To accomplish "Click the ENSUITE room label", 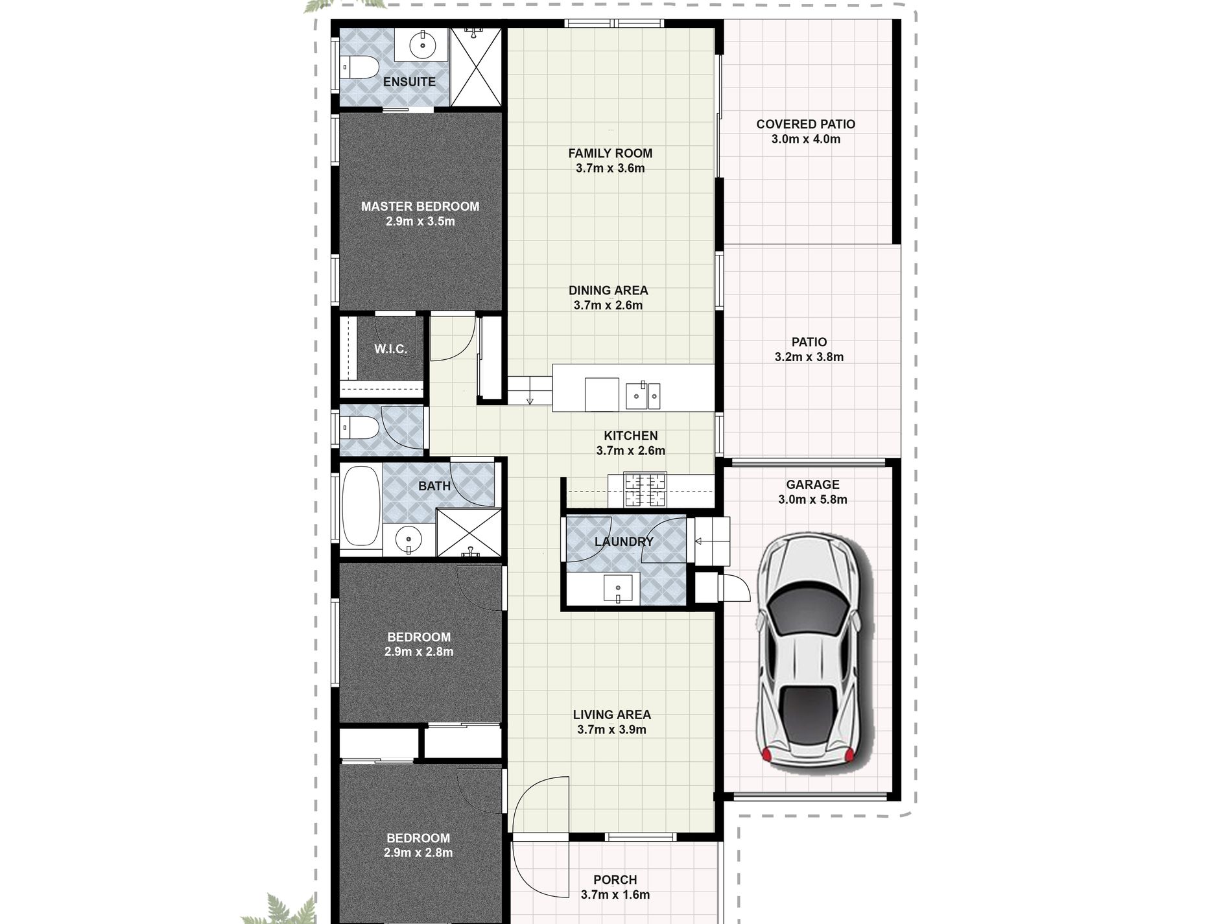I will point(409,82).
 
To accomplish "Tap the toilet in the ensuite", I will point(359,66).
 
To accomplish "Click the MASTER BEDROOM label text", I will point(420,206).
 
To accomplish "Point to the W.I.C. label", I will point(390,349).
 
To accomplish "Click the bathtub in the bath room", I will point(360,506).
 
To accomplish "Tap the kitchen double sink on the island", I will point(643,396).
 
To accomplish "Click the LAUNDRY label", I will point(624,541).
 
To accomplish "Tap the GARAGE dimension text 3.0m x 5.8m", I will point(812,499).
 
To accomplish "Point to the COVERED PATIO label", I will point(805,124).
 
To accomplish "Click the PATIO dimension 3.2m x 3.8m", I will point(809,357).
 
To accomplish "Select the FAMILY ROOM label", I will point(610,153).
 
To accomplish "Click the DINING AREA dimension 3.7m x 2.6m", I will point(608,305).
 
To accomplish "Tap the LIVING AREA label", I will point(611,715).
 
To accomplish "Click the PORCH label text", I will point(615,880).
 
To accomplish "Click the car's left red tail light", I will point(766,753).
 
